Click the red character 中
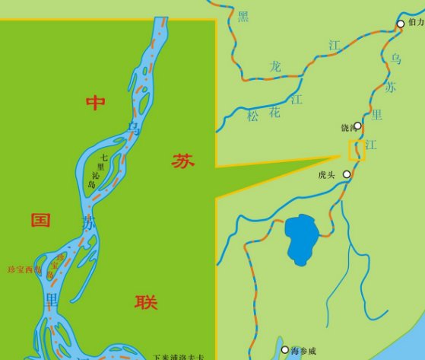[x=95, y=104]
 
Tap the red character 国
[x=40, y=221]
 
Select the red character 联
[x=146, y=302]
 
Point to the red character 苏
[x=182, y=161]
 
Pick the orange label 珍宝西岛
[x=24, y=269]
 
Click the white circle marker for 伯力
[x=401, y=24]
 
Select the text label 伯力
[x=415, y=23]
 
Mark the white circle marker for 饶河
[x=357, y=126]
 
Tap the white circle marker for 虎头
[x=347, y=174]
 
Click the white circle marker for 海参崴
[x=284, y=350]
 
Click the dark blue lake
[x=303, y=238]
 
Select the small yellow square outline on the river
[x=357, y=150]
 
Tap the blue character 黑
[x=243, y=17]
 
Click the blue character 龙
[x=275, y=67]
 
